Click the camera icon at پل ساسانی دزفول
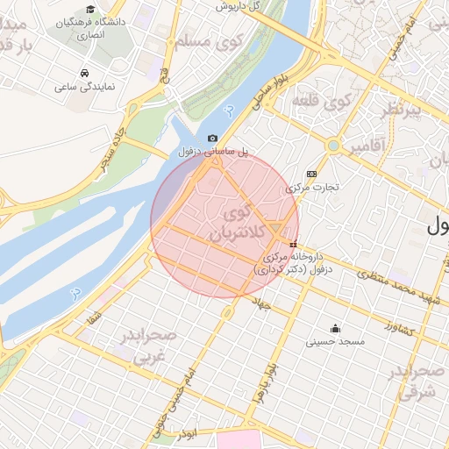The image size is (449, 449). click(x=213, y=139)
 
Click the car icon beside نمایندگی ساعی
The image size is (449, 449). click(x=83, y=73)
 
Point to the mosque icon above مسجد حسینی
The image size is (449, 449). click(x=336, y=329)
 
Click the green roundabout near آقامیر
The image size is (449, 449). click(x=333, y=145)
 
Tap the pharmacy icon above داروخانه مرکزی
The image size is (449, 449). click(x=293, y=244)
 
